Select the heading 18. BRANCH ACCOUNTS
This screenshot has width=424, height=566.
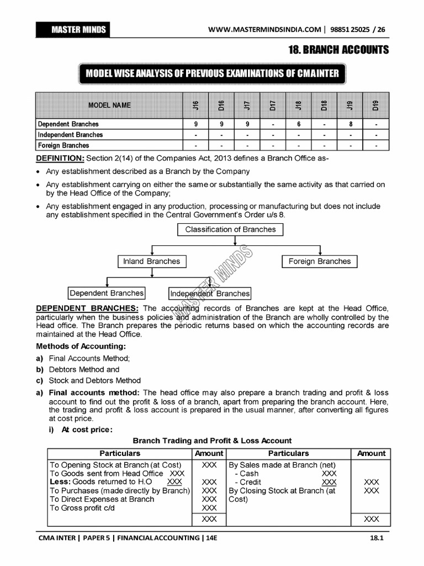pyautogui.click(x=338, y=50)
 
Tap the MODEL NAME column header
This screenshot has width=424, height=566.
pyautogui.click(x=109, y=105)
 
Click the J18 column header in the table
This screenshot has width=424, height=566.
pyautogui.click(x=298, y=105)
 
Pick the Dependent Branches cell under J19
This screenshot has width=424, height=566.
pyautogui.click(x=351, y=124)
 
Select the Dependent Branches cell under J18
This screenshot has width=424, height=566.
pyautogui.click(x=298, y=124)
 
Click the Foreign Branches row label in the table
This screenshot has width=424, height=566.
pyautogui.click(x=63, y=145)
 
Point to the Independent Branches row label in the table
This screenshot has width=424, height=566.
pyautogui.click(x=70, y=135)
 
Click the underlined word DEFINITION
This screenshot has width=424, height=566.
pyautogui.click(x=60, y=159)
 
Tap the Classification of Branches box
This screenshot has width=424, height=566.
pyautogui.click(x=230, y=229)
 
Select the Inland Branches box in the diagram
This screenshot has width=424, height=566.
pyautogui.click(x=151, y=261)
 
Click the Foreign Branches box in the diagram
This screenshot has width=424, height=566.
pyautogui.click(x=319, y=261)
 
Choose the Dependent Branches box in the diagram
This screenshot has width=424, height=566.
pyautogui.click(x=107, y=293)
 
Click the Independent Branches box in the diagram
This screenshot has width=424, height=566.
pyautogui.click(x=210, y=294)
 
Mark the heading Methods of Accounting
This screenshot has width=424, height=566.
pyautogui.click(x=81, y=347)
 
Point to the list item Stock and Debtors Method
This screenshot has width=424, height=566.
pyautogui.click(x=94, y=380)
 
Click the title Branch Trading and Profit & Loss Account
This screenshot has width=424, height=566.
pyautogui.click(x=212, y=441)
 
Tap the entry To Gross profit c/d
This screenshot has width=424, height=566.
pyautogui.click(x=82, y=507)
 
